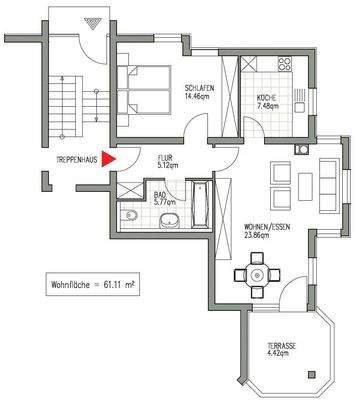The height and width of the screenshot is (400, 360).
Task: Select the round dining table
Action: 257,273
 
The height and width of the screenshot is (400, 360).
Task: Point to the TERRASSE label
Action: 280,345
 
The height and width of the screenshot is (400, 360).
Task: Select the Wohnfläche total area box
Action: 94,285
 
